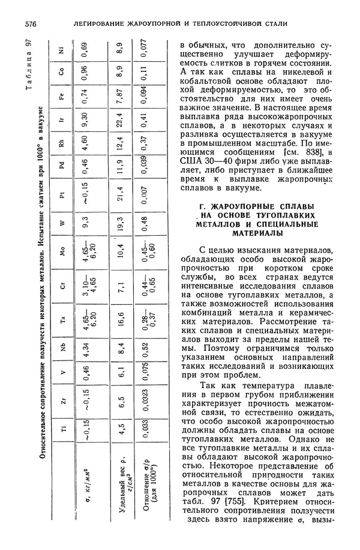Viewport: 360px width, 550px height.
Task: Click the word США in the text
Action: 191,160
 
